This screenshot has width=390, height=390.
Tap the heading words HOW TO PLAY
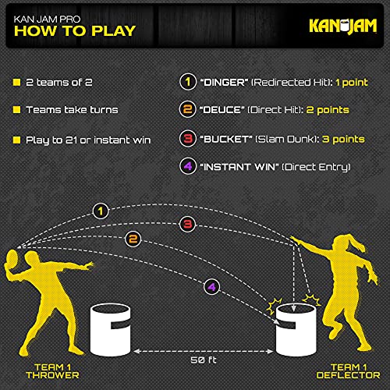(72, 31)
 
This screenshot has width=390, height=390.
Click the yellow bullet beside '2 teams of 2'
(16, 83)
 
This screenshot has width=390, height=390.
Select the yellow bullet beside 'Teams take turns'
(16, 112)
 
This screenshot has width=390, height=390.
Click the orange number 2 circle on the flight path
(133, 239)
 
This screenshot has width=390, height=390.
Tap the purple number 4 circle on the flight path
(211, 287)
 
